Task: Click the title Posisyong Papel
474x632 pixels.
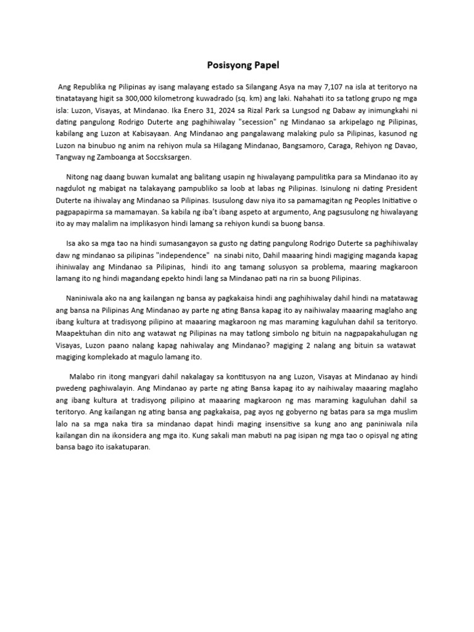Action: [237, 64]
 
